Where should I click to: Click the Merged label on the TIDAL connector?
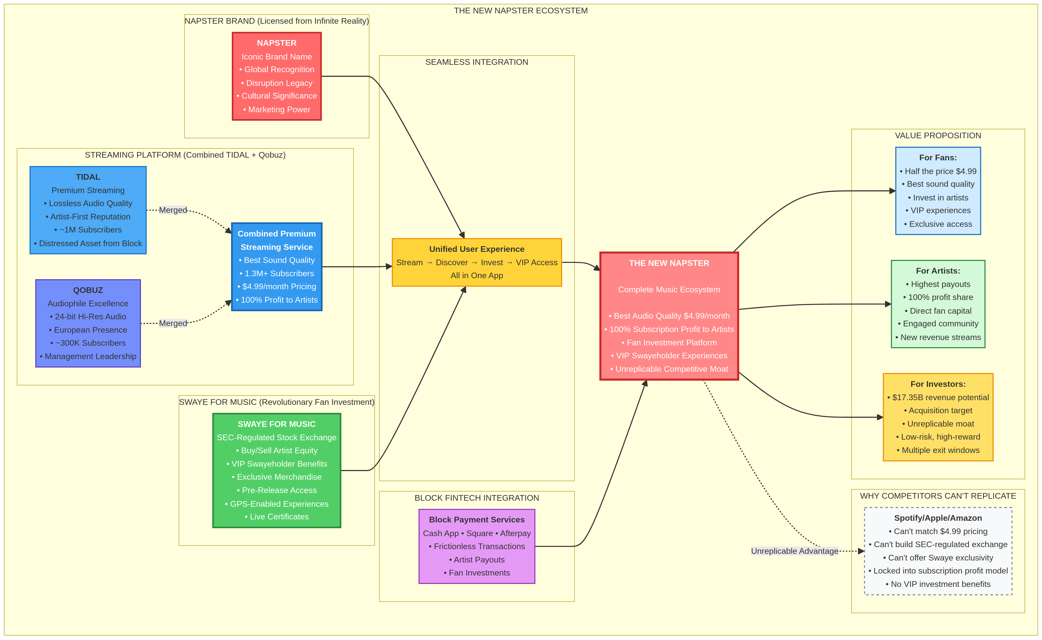(x=173, y=210)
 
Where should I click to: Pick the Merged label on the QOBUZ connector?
(x=173, y=323)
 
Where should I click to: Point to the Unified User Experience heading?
(x=477, y=249)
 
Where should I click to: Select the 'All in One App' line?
(x=477, y=276)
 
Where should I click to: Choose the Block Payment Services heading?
(x=477, y=519)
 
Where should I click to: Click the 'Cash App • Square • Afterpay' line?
(x=477, y=533)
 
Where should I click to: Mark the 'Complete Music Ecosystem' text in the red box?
(x=669, y=290)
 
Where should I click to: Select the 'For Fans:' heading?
(x=937, y=157)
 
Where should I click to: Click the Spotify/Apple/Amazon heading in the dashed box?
(x=937, y=518)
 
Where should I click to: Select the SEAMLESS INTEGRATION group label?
(x=477, y=62)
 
